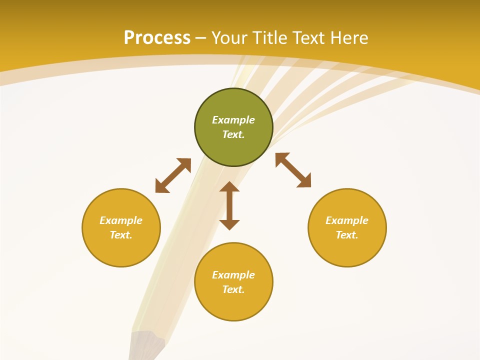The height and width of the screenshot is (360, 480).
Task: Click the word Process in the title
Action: coord(157,38)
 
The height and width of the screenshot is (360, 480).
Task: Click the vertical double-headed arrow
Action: coord(229,205)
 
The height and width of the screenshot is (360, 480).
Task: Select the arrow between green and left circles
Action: coord(173,175)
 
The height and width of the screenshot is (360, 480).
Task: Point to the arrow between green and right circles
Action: coord(293,170)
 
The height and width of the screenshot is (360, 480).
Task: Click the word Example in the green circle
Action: coord(233,120)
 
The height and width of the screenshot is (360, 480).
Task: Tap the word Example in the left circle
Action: coord(121,220)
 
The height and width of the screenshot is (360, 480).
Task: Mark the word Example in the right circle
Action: coord(347,220)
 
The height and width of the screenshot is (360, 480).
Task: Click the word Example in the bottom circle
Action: coord(233,275)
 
